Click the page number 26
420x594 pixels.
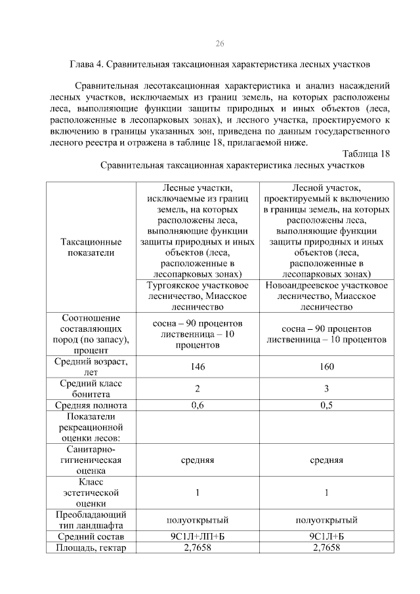point(220,43)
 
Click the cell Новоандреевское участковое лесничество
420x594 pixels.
point(326,296)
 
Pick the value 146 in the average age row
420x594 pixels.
point(198,366)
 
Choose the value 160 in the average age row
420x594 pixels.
point(326,366)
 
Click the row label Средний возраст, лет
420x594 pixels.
point(91,366)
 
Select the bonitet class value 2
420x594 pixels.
point(198,388)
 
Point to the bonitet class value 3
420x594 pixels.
point(326,388)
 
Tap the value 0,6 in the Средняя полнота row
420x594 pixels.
point(198,405)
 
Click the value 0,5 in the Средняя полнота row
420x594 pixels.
point(326,405)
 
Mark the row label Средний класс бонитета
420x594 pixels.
point(91,388)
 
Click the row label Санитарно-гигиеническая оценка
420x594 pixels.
point(91,460)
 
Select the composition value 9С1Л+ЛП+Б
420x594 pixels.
point(198,537)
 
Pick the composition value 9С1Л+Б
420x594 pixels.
point(326,537)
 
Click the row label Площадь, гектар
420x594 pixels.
point(91,547)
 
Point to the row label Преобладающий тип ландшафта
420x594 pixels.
point(91,520)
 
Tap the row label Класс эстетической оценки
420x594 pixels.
point(91,492)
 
